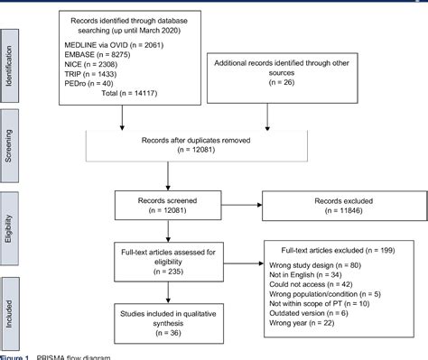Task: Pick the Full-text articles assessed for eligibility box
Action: pyautogui.click(x=169, y=262)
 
